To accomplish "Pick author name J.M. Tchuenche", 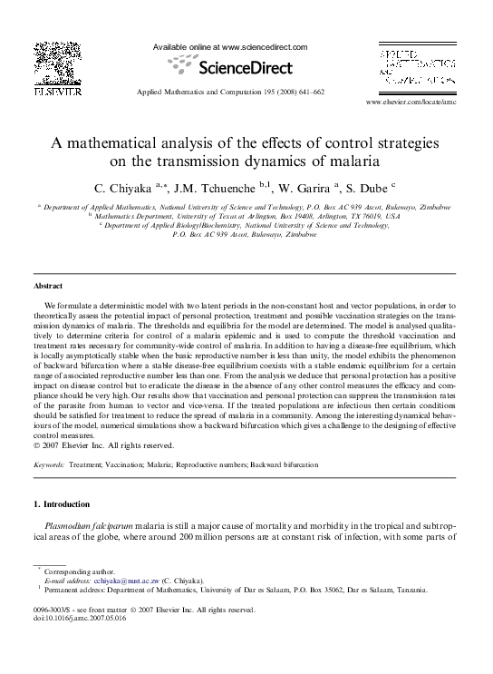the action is click(x=228, y=188).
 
